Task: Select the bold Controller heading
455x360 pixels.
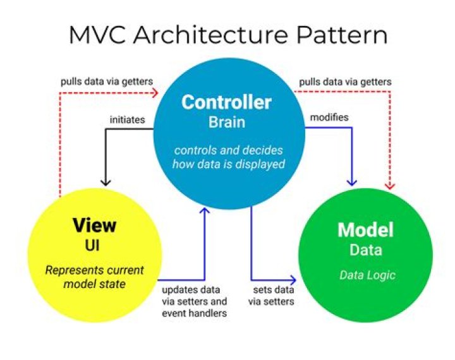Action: coord(226,102)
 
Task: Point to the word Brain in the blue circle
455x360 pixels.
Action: coord(226,123)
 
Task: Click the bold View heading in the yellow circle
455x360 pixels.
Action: coord(94,225)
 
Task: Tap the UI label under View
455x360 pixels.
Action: coord(94,244)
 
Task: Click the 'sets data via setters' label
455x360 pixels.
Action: coord(273,296)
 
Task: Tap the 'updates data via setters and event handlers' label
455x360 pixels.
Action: coord(193,301)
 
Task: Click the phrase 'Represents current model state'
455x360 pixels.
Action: coord(94,277)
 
